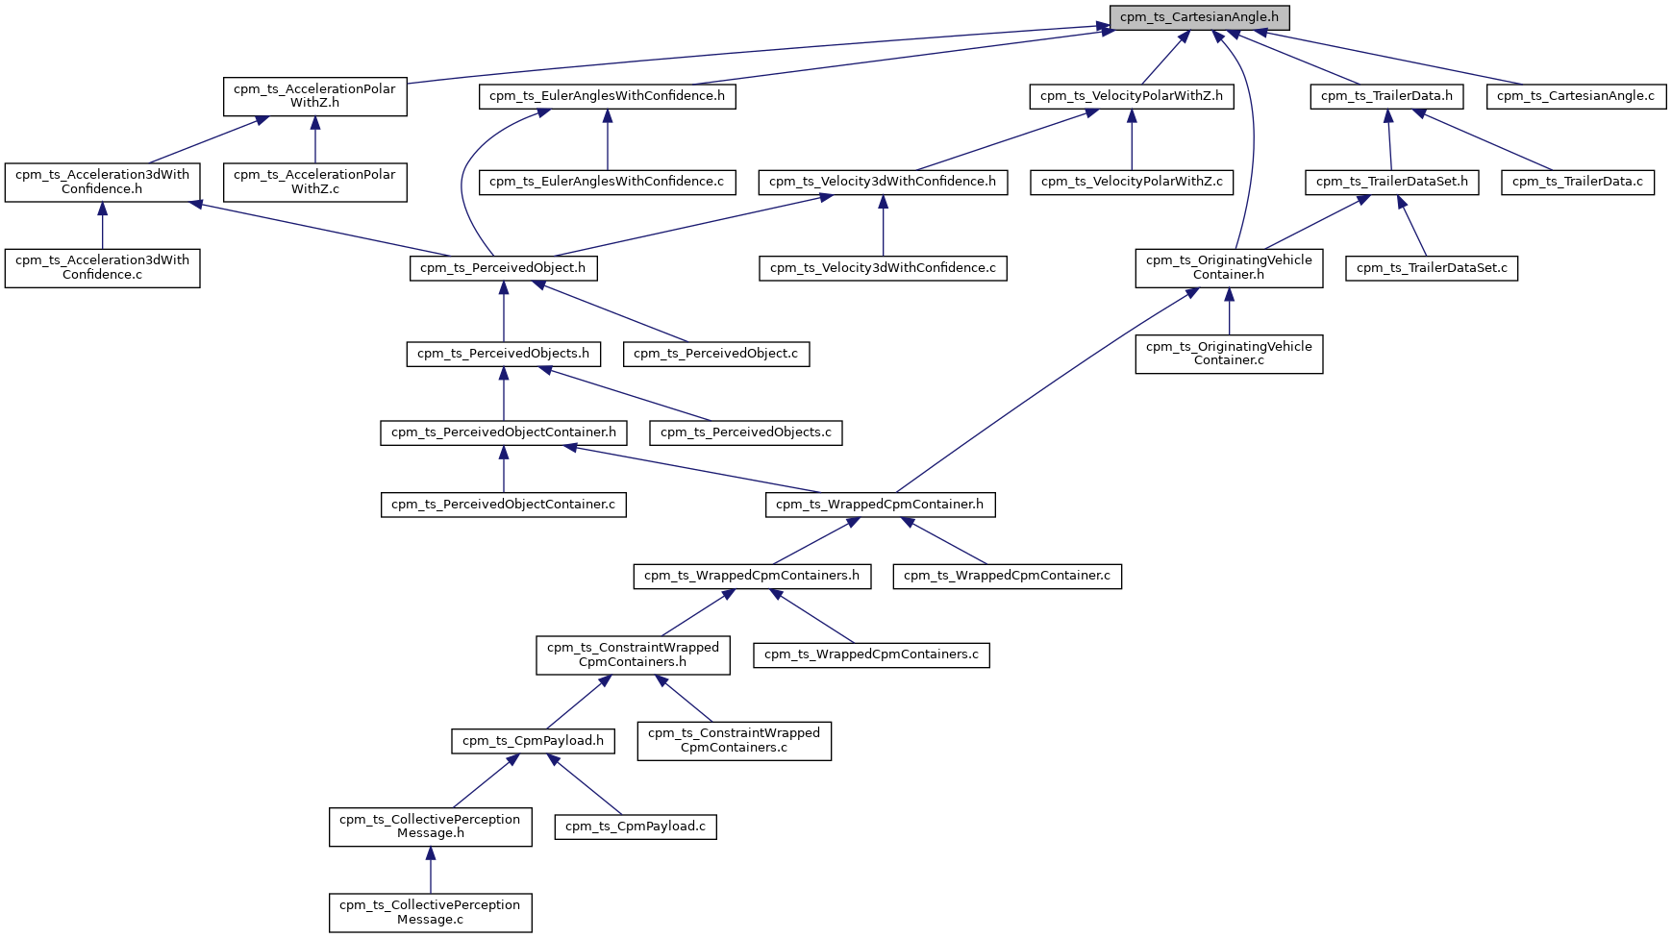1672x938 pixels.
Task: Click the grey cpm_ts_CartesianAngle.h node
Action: [1199, 17]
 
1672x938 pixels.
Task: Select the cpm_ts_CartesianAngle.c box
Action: [1576, 96]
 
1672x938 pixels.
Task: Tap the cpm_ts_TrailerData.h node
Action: [1386, 96]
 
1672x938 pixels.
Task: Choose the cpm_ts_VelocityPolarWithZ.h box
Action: [1132, 96]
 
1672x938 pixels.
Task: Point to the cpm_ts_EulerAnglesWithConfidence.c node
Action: [607, 182]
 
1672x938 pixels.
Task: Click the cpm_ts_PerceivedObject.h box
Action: [503, 268]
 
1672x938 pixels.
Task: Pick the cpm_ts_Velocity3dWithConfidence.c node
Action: [883, 268]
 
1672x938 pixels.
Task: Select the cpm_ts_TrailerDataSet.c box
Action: [1432, 268]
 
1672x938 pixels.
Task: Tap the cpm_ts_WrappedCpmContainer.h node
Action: [880, 505]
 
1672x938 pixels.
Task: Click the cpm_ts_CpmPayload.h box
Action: [533, 741]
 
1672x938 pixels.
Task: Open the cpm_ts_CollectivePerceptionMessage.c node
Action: [430, 912]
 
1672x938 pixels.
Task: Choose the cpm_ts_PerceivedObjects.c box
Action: [746, 432]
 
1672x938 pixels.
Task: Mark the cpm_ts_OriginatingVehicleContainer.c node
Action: [1229, 354]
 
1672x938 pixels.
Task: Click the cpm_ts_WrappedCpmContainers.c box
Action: [871, 655]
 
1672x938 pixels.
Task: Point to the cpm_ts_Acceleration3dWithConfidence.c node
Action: [102, 267]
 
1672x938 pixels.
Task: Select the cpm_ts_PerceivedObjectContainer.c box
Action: [503, 505]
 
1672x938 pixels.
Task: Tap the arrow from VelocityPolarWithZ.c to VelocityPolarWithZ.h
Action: [1132, 139]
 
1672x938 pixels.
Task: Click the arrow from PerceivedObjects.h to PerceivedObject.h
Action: [503, 310]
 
